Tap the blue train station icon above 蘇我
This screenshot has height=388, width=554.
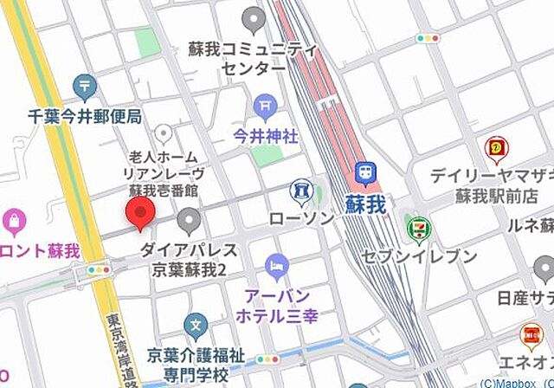367,172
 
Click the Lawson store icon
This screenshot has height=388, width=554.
300,188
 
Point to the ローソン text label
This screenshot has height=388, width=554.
300,217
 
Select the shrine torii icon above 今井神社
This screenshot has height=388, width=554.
264,107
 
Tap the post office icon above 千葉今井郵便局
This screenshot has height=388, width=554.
84,86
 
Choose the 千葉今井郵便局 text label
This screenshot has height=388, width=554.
84,114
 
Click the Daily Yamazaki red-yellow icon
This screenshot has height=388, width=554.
495,147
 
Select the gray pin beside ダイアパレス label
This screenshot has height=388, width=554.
188,219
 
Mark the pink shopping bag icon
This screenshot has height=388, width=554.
14,222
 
